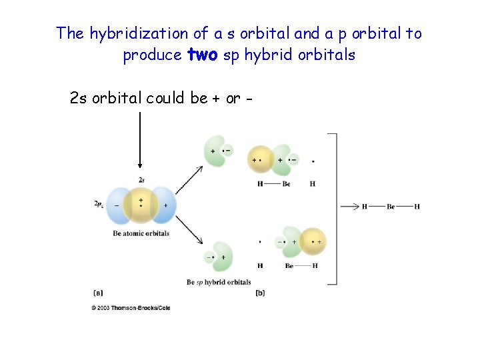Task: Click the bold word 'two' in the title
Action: coord(203,55)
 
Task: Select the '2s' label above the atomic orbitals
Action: coord(141,180)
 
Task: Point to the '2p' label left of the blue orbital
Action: coord(99,203)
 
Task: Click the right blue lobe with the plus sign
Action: coord(165,205)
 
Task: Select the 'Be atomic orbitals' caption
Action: coord(141,233)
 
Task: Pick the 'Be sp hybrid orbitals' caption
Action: coord(219,282)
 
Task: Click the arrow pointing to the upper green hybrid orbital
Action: coord(190,180)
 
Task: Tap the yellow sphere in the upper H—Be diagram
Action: coord(260,160)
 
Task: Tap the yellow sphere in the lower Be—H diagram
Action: coord(313,241)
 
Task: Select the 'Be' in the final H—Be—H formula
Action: coord(391,207)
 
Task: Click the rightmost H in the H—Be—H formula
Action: coord(417,207)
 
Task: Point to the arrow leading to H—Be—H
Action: coord(350,207)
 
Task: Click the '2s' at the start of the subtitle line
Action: coord(78,99)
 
